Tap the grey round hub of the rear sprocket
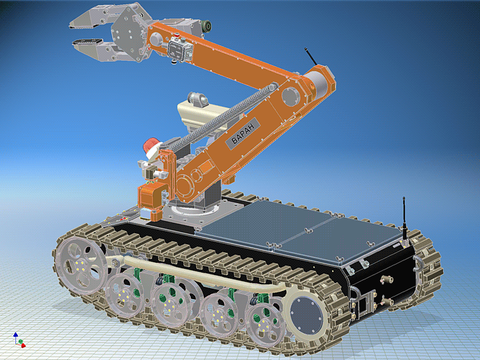[304, 317]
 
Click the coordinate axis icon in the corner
[18, 340]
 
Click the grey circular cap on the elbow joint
[289, 96]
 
